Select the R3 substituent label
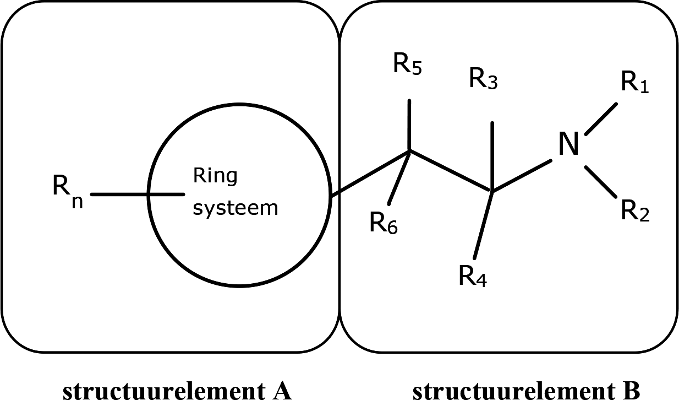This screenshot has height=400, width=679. point(484,79)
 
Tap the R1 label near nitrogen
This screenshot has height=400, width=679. point(635,84)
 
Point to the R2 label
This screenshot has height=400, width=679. point(635,211)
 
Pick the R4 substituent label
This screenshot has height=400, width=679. point(473,275)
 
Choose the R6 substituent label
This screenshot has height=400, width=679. point(384,224)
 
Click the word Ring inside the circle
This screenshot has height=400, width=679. point(215,176)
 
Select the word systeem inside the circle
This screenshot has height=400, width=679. point(235,208)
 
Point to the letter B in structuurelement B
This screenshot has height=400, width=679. point(630,390)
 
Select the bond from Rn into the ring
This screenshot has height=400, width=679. point(138,194)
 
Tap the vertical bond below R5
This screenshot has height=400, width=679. point(409,125)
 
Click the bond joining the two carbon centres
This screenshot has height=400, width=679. point(451,171)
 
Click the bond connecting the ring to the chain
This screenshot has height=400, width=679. point(369,172)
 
